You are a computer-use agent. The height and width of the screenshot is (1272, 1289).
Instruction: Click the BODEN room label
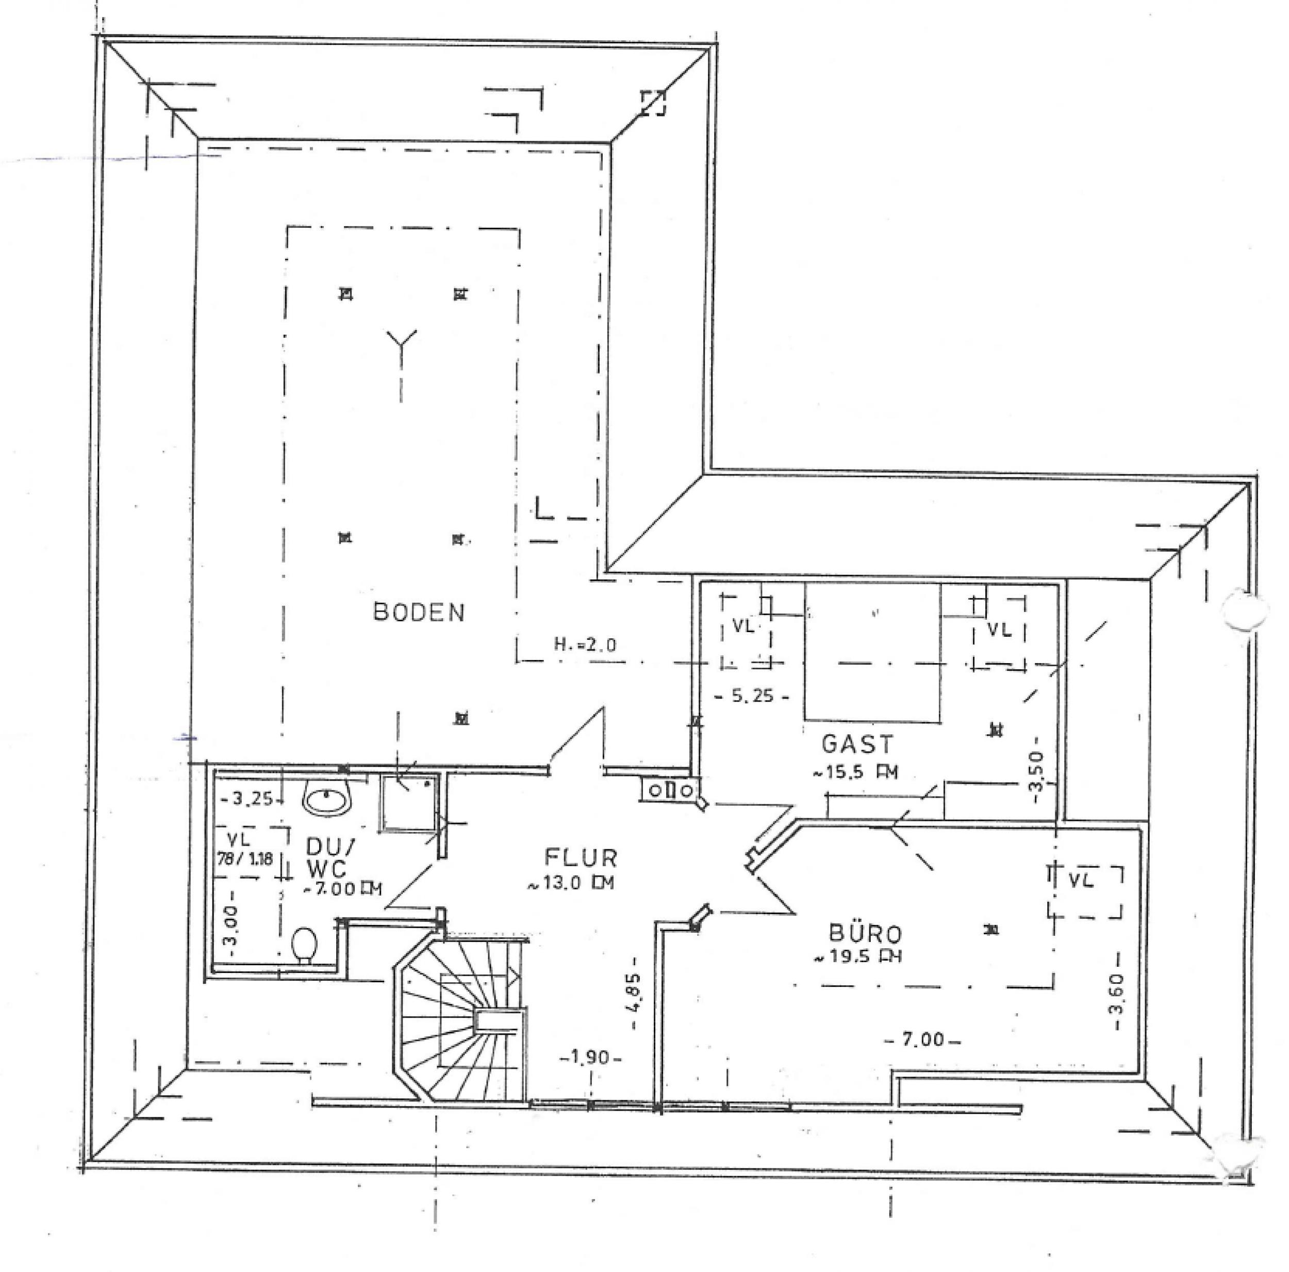pyautogui.click(x=419, y=612)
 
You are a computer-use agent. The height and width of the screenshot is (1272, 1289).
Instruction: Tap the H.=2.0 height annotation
pyautogui.click(x=586, y=645)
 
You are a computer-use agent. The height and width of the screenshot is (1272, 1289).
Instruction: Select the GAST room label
pyautogui.click(x=857, y=744)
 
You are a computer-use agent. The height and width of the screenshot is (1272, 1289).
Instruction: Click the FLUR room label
pyautogui.click(x=581, y=857)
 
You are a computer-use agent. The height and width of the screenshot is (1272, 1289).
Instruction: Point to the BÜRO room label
pyautogui.click(x=866, y=933)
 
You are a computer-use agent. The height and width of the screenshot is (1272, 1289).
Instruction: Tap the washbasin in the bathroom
pyautogui.click(x=327, y=799)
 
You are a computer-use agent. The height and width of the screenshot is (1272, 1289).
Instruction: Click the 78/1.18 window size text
pyautogui.click(x=245, y=859)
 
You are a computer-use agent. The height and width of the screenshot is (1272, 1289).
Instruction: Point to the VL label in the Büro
pyautogui.click(x=1081, y=881)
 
